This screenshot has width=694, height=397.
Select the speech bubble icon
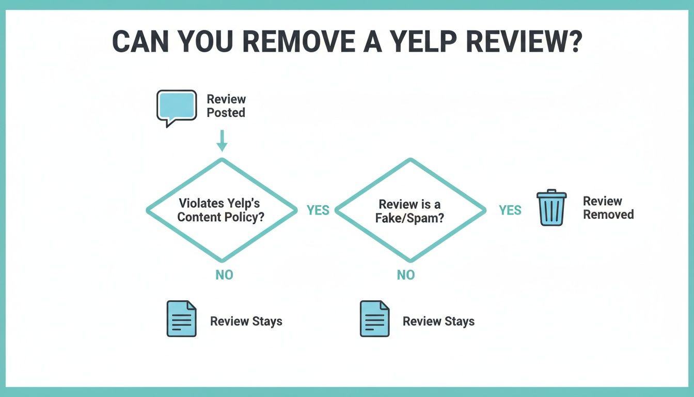177,107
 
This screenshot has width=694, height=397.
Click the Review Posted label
226,106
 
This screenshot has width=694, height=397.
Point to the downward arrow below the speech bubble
222,140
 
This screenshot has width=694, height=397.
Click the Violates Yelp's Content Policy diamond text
221,210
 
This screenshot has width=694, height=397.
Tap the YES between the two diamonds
318,210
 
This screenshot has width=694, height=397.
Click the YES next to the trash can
510,210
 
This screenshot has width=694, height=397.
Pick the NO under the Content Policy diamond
224,275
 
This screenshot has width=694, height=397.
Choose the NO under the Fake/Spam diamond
405,275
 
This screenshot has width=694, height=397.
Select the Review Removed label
608,208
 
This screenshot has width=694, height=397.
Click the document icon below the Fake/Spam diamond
374,318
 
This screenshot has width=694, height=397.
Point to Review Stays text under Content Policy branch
246,322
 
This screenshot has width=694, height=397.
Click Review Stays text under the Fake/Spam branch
438,322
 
